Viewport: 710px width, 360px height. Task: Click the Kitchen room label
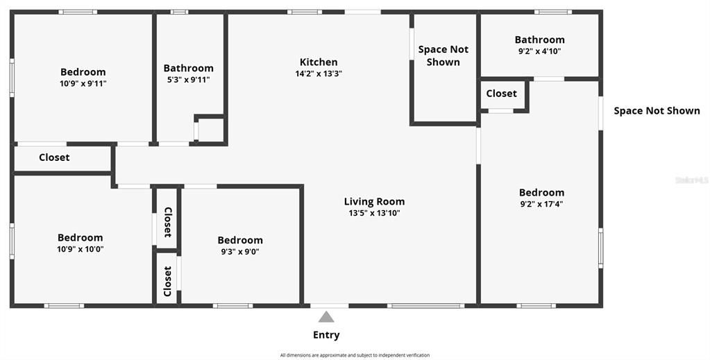(319, 62)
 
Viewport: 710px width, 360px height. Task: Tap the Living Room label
(374, 202)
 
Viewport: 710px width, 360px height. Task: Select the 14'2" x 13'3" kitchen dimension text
(319, 74)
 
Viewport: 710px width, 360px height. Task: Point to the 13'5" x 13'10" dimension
(374, 214)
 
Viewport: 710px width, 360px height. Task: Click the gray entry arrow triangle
(326, 317)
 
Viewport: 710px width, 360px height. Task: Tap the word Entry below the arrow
(326, 335)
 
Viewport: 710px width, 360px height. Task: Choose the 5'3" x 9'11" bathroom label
(188, 80)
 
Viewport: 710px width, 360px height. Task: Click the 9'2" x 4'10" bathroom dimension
(539, 51)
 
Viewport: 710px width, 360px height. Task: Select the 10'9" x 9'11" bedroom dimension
(83, 83)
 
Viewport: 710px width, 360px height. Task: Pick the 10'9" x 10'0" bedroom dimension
(81, 249)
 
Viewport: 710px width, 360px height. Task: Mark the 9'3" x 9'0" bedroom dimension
(240, 252)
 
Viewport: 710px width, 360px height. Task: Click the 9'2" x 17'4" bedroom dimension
(541, 205)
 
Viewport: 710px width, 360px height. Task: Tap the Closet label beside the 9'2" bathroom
(501, 94)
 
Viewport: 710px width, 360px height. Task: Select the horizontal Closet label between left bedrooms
(54, 157)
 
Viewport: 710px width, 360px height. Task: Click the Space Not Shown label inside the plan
(443, 55)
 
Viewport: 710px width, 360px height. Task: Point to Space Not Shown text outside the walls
(657, 111)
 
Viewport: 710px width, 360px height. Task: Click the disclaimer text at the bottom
(355, 355)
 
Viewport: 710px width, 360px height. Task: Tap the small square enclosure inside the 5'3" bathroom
(211, 130)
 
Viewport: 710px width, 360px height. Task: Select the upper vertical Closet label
(167, 223)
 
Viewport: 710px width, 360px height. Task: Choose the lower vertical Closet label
(167, 281)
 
